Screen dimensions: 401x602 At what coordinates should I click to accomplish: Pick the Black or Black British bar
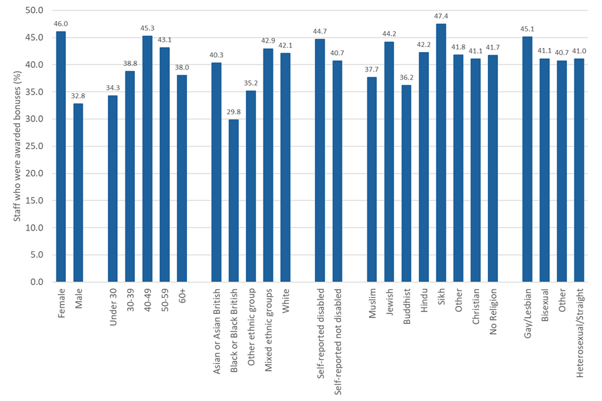click(234, 200)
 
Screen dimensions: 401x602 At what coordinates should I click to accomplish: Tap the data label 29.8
click(234, 112)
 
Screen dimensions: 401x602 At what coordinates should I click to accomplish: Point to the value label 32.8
click(78, 95)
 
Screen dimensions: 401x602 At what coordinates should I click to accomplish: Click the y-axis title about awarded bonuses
click(17, 146)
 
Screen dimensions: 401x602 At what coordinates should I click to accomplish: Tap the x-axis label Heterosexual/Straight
click(579, 326)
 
